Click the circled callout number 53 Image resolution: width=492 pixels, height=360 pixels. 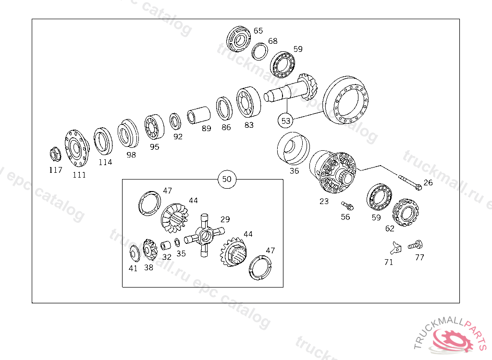pos(285,121)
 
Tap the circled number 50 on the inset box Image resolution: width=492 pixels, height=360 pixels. pos(227,179)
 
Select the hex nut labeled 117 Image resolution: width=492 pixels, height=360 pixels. pos(56,154)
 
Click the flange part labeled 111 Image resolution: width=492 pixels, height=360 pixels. pos(77,148)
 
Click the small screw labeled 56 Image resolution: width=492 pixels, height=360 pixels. pos(347,206)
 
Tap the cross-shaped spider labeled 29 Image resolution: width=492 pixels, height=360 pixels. pos(204,235)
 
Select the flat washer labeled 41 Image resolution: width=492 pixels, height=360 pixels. pos(135,253)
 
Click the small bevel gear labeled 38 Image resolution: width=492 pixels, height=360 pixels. pos(150,250)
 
